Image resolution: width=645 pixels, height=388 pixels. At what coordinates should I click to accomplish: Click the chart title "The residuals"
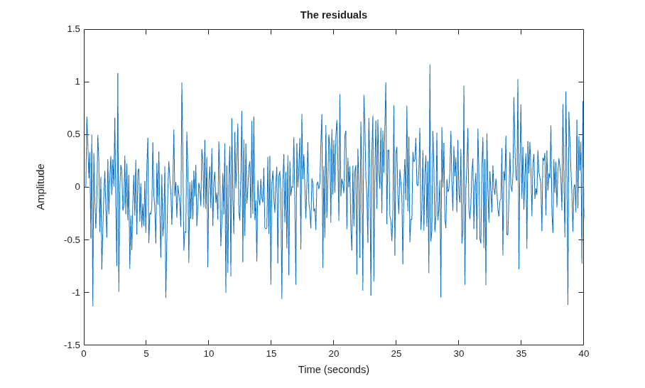click(334, 15)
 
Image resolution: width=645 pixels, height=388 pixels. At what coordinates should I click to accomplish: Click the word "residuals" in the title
click(345, 15)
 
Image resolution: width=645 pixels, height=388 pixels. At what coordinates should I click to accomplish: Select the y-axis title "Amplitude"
click(40, 187)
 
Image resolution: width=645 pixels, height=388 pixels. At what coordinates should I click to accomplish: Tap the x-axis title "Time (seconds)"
click(334, 370)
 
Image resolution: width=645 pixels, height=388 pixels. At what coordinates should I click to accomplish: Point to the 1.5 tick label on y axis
click(74, 29)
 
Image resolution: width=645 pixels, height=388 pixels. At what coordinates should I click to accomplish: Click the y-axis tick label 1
click(77, 82)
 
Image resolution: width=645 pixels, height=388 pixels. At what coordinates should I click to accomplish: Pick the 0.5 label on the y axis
click(74, 134)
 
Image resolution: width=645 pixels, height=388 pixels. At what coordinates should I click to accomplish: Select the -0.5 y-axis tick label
click(72, 240)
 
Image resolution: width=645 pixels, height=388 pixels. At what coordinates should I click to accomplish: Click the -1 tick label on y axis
click(76, 293)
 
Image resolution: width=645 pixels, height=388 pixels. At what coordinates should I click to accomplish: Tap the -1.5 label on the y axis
click(72, 345)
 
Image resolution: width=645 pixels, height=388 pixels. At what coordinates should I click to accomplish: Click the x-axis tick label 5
click(146, 354)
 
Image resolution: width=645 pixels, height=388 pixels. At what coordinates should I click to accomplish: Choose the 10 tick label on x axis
click(209, 354)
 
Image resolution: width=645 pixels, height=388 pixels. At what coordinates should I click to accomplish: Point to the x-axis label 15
click(271, 354)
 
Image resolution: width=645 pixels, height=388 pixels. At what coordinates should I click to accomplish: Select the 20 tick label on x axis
click(334, 354)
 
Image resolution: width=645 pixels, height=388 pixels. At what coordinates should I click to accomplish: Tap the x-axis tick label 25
click(396, 354)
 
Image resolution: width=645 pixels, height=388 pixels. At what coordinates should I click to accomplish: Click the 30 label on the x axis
click(459, 354)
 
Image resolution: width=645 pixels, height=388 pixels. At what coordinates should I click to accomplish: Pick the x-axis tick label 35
click(521, 354)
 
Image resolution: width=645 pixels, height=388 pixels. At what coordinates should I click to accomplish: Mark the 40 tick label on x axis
click(584, 354)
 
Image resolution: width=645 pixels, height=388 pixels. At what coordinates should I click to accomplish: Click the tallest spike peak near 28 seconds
click(430, 65)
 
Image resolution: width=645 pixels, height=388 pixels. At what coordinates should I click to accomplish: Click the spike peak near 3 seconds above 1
click(118, 74)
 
